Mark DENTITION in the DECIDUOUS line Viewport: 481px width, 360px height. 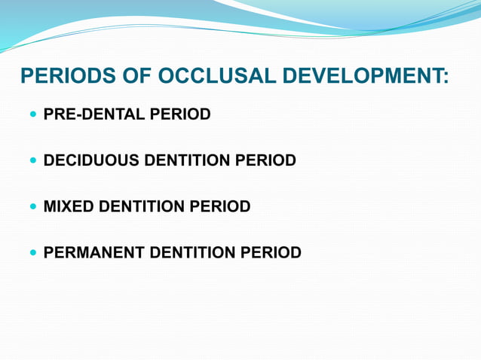click(185, 161)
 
